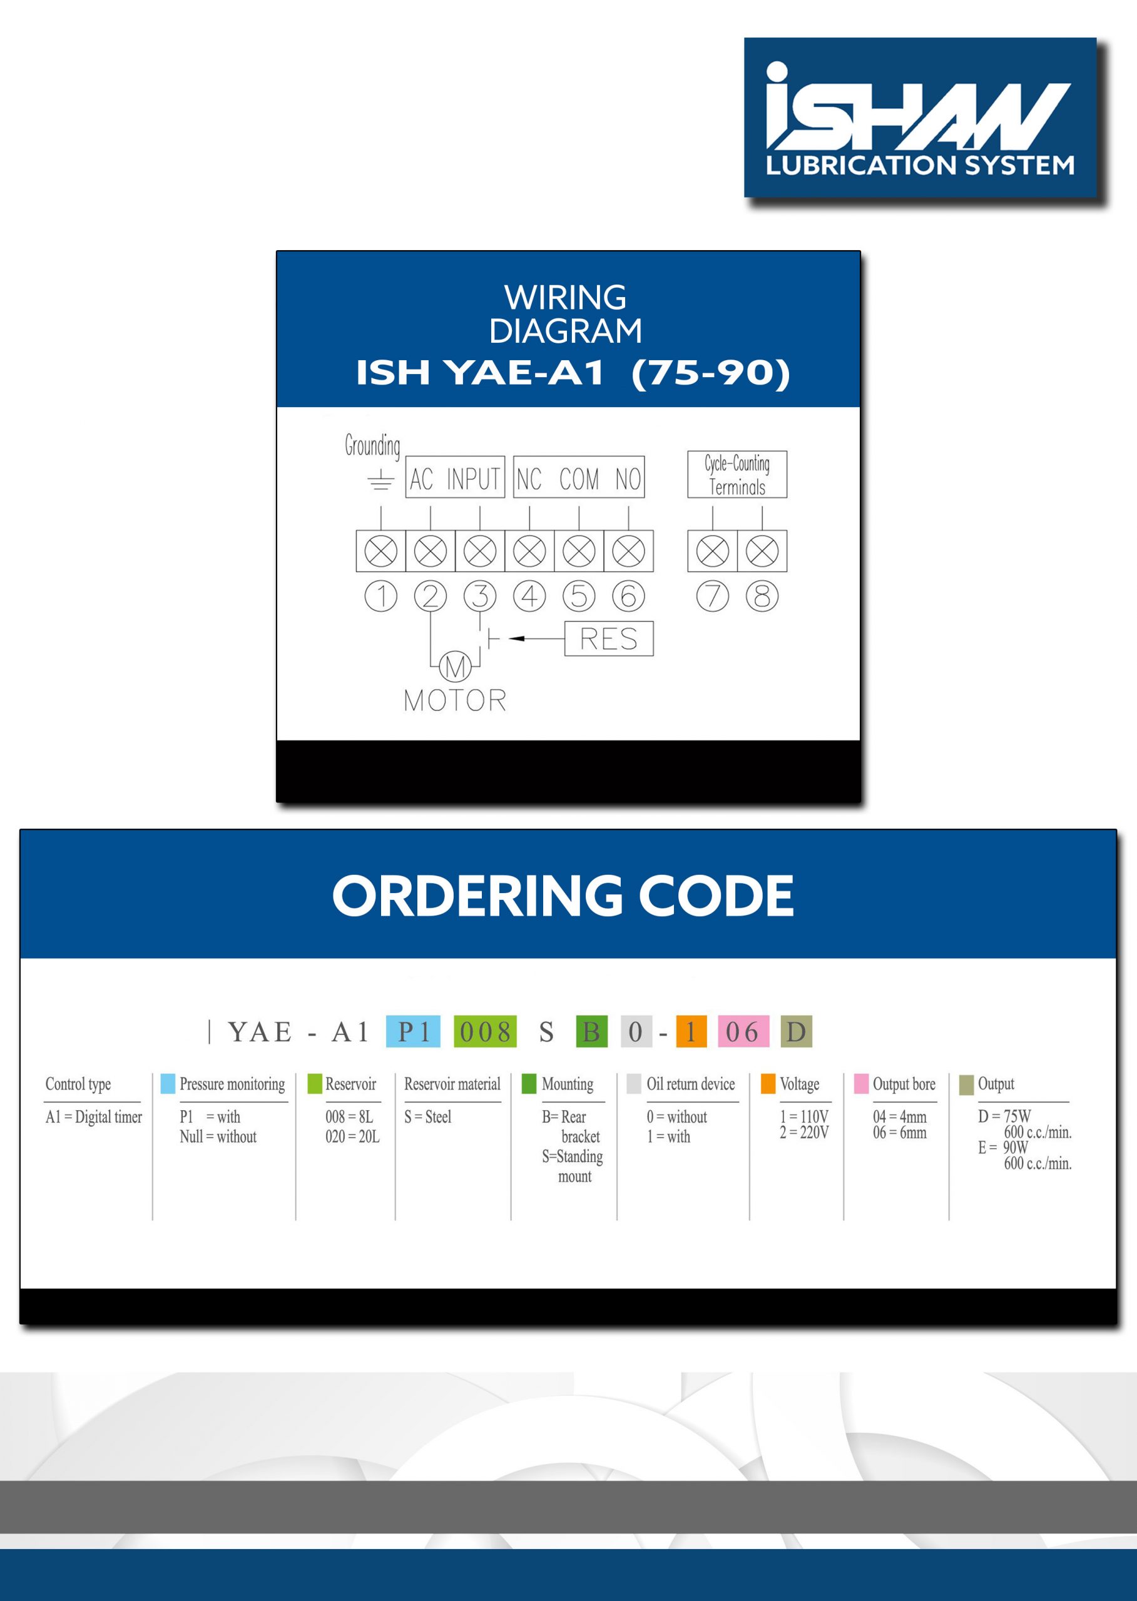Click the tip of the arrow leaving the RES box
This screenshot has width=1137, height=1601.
point(509,638)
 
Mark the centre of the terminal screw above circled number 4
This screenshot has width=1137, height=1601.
point(529,552)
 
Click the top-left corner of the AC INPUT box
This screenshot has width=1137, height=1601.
point(406,457)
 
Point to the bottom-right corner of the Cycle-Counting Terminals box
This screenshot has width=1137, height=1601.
point(787,498)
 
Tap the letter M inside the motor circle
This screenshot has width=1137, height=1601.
point(455,667)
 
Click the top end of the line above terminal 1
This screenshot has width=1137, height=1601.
point(381,506)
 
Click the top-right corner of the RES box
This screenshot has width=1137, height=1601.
point(653,622)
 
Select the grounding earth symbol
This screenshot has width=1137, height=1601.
point(380,480)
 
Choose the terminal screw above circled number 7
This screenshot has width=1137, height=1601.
point(713,552)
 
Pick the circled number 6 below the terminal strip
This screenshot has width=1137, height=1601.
point(629,596)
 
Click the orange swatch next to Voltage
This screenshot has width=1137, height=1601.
point(768,1083)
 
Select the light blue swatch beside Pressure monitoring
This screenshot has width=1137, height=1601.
point(168,1083)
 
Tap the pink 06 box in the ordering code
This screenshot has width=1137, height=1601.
point(743,1031)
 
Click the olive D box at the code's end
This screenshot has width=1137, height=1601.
point(796,1031)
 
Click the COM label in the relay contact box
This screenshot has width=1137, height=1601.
point(579,479)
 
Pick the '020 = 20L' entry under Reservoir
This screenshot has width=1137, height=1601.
point(352,1137)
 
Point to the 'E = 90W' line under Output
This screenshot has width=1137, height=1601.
point(1003,1148)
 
